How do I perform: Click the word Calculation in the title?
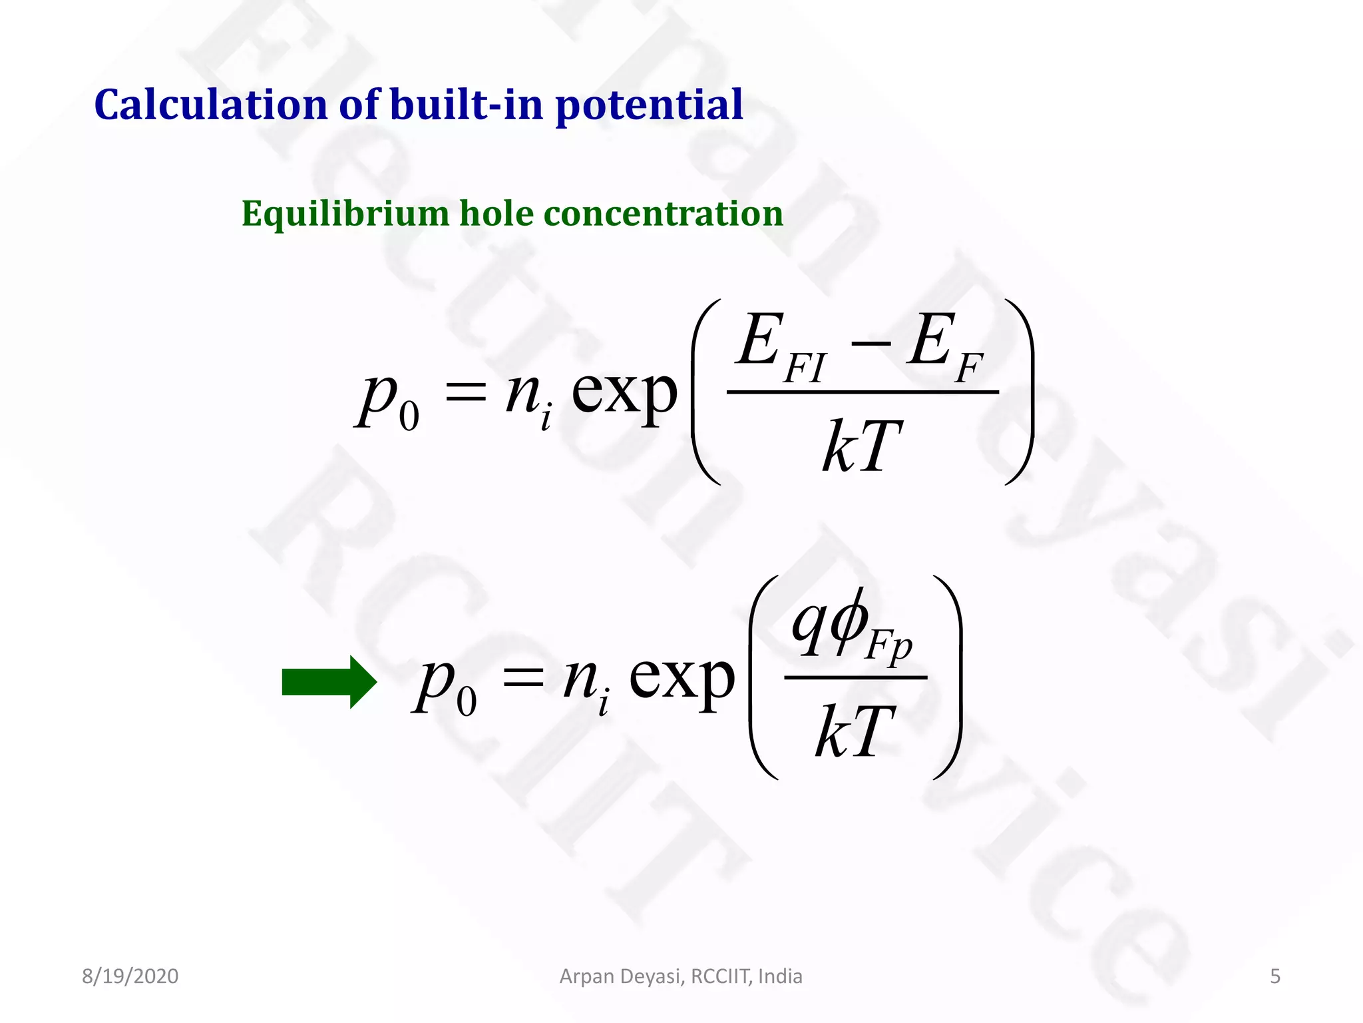(210, 105)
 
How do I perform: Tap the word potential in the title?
(649, 105)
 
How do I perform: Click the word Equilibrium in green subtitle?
(345, 214)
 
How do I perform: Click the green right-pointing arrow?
(329, 682)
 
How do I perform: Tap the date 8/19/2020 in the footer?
(130, 976)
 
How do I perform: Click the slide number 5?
(1275, 976)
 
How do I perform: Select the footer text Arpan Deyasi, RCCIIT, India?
(681, 976)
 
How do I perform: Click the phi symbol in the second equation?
(849, 623)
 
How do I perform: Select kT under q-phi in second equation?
(855, 732)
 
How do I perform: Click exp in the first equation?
(624, 393)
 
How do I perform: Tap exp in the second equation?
(681, 679)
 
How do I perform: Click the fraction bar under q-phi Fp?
(855, 677)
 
